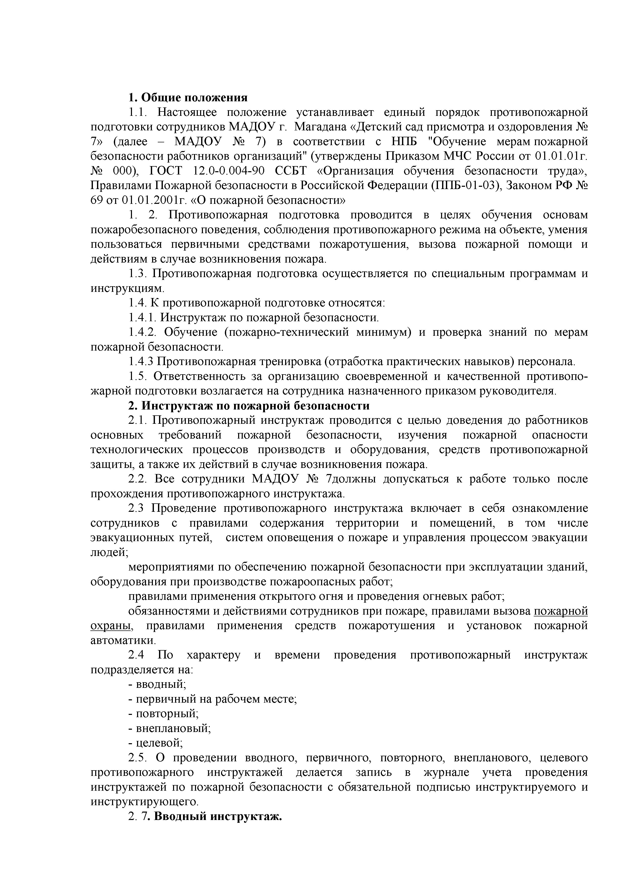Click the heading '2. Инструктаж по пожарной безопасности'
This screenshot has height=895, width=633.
(x=249, y=406)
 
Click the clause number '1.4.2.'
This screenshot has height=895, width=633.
(x=142, y=332)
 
